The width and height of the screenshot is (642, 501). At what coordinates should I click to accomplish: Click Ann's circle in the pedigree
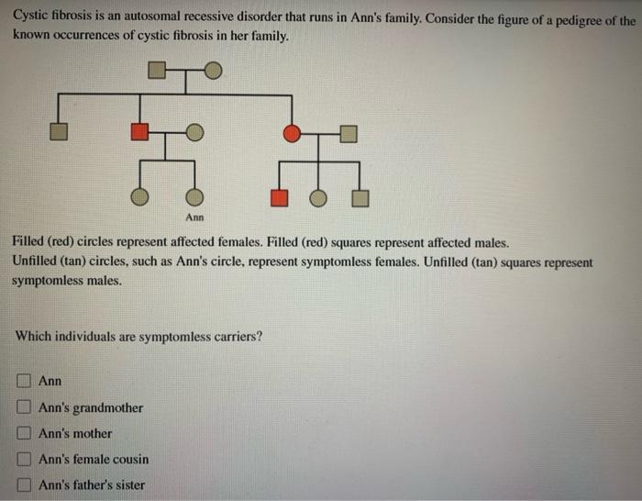point(194,196)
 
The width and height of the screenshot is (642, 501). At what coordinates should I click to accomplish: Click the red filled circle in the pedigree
point(292,133)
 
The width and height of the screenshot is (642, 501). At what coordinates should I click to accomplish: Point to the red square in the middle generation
point(139,133)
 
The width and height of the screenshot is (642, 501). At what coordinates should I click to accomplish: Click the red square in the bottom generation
point(279,196)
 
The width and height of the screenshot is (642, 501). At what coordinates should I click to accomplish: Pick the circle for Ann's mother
point(194,133)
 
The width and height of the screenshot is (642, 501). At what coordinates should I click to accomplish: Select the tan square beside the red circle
point(348,133)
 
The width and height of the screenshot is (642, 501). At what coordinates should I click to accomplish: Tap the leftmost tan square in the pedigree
point(58,133)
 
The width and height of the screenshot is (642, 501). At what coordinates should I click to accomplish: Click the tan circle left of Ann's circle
point(139,196)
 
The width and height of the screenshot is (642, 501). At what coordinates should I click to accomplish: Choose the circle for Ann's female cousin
point(318,196)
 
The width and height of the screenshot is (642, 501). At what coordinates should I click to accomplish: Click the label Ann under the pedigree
point(194,217)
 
